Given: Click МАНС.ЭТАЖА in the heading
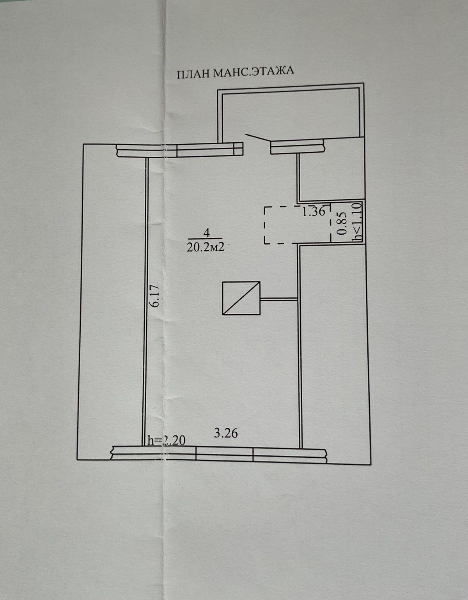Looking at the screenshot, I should pyautogui.click(x=253, y=72).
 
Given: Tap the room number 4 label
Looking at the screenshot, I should pyautogui.click(x=206, y=233).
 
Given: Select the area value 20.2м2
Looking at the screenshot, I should pyautogui.click(x=206, y=247).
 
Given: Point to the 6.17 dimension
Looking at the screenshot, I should pyautogui.click(x=155, y=296).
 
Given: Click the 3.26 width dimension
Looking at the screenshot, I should pyautogui.click(x=226, y=433).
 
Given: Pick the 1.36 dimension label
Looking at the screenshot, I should pyautogui.click(x=314, y=211).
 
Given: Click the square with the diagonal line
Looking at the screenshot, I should pyautogui.click(x=241, y=298).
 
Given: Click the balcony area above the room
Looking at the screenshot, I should pyautogui.click(x=291, y=113).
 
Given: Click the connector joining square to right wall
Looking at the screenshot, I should pyautogui.click(x=279, y=299).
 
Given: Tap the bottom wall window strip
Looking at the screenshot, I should pyautogui.click(x=218, y=454).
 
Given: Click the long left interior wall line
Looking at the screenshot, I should pyautogui.click(x=145, y=300).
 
